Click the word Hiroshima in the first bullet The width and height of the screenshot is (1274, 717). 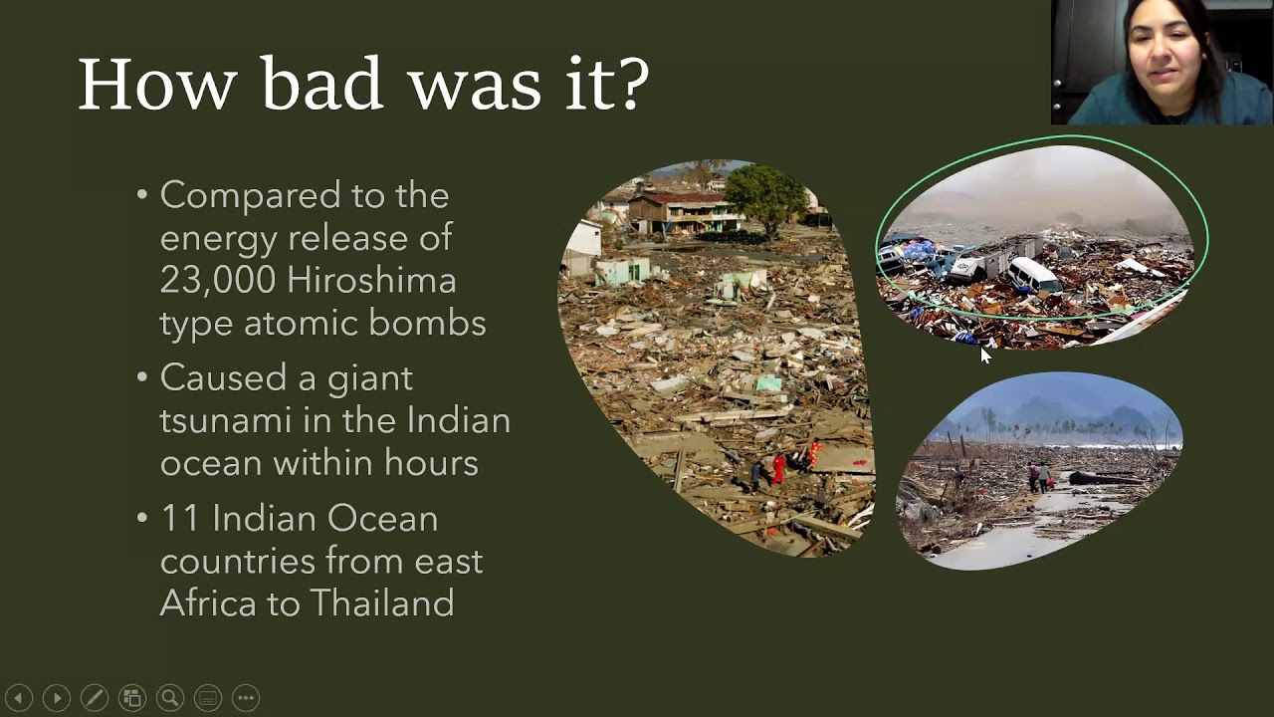371,281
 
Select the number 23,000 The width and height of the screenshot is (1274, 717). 215,281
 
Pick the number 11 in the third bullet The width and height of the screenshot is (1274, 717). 180,519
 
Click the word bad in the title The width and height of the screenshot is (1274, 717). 321,84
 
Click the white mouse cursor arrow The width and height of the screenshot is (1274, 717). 985,356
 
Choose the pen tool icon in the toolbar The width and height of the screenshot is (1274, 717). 95,698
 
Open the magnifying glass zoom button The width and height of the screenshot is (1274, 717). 170,698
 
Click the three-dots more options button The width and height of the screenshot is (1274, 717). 246,698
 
